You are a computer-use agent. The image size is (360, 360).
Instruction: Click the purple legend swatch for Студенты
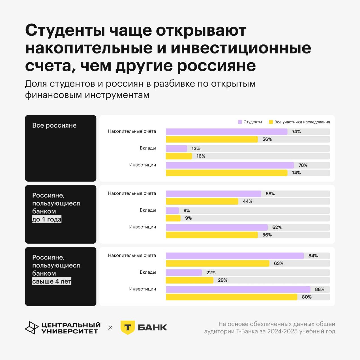pos(240,122)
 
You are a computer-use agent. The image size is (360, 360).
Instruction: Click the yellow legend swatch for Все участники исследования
pos(271,122)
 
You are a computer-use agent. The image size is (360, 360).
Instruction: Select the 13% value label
pos(196,149)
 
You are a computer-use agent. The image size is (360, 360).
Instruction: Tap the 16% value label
pos(201,156)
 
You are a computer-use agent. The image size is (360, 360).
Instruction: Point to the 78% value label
pos(303,165)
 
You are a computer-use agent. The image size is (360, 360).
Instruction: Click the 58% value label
pos(270,194)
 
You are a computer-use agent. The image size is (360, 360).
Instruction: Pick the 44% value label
pos(247,202)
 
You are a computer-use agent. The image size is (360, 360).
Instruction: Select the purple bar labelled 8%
pos(172,211)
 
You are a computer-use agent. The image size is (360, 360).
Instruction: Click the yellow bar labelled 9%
pos(173,218)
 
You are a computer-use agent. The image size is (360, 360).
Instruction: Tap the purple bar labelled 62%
pos(217,227)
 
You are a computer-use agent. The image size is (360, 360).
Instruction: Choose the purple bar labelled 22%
pos(184,273)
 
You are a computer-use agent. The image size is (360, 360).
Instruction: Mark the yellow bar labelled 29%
pos(190,280)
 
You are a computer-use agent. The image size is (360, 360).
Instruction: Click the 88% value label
pos(320,290)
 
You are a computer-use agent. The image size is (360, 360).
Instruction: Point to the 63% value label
pos(278,263)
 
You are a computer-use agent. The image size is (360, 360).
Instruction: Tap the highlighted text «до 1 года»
pos(47,219)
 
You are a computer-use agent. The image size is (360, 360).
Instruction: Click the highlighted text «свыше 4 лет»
pos(52,281)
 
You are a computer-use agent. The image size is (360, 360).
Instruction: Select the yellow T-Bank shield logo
pos(128,327)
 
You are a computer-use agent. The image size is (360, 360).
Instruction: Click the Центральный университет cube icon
pos(32,328)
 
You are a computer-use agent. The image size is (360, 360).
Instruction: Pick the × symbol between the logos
pos(110,328)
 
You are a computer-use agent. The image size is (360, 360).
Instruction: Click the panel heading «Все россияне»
pos(54,125)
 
